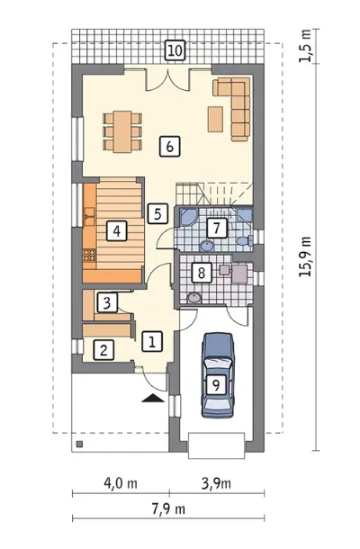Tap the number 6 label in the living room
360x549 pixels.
[170, 147]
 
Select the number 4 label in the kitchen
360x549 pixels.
[117, 230]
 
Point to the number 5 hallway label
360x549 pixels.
[157, 213]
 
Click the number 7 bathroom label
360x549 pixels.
[217, 229]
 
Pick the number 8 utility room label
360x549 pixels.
[202, 273]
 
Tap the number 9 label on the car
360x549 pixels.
[216, 385]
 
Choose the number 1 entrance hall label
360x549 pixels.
[152, 341]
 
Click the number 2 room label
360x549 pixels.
[103, 349]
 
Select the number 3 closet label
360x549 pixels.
[107, 302]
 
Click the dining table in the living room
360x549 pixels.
[122, 132]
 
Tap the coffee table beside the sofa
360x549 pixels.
[215, 119]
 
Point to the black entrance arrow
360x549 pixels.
[153, 399]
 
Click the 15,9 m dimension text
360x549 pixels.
[305, 256]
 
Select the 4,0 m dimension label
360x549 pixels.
[121, 483]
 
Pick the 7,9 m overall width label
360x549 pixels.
[168, 508]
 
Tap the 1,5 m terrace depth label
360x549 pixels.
[305, 46]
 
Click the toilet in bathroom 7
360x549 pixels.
[245, 240]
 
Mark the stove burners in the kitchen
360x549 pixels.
[89, 255]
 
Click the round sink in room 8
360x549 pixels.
[194, 298]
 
